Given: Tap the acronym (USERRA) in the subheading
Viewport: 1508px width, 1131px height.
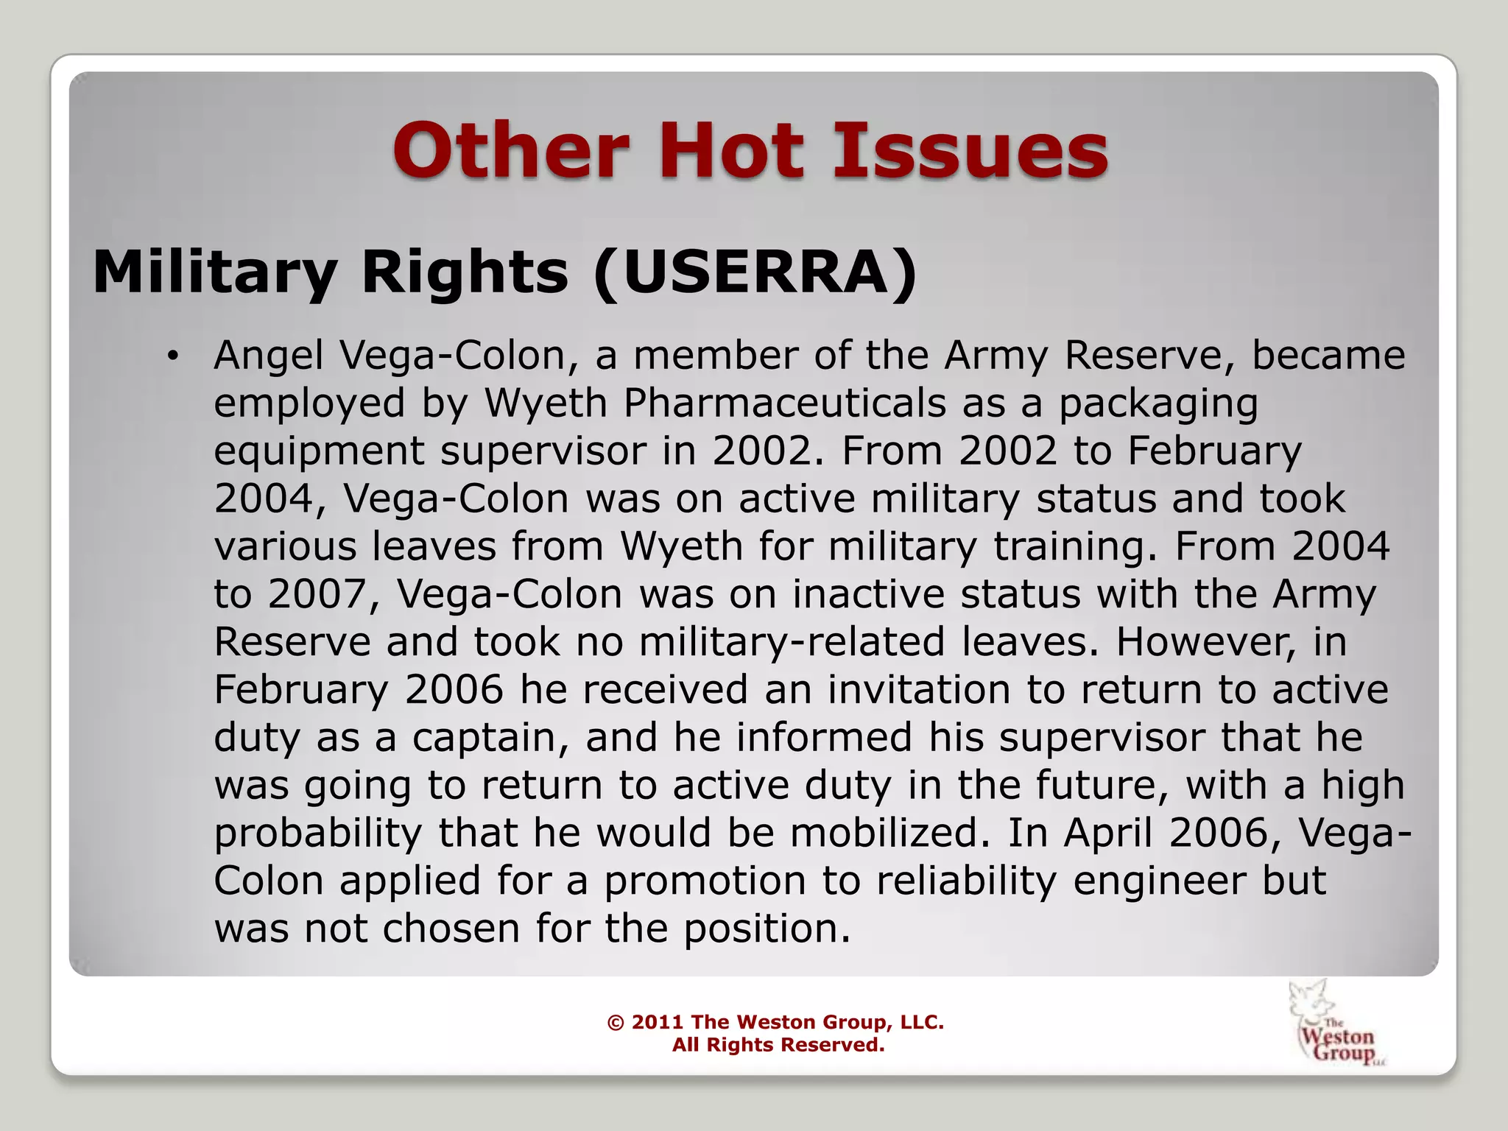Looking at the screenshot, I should [x=755, y=272].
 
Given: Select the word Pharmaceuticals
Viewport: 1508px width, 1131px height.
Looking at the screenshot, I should [x=785, y=404].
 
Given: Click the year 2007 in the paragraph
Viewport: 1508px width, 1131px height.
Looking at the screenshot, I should [x=324, y=594].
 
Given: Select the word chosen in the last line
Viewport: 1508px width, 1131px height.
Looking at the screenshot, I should [x=451, y=929].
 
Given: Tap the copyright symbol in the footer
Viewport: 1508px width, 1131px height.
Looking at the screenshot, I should [x=616, y=1023].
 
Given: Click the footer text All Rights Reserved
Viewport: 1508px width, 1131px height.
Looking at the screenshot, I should [x=778, y=1045].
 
